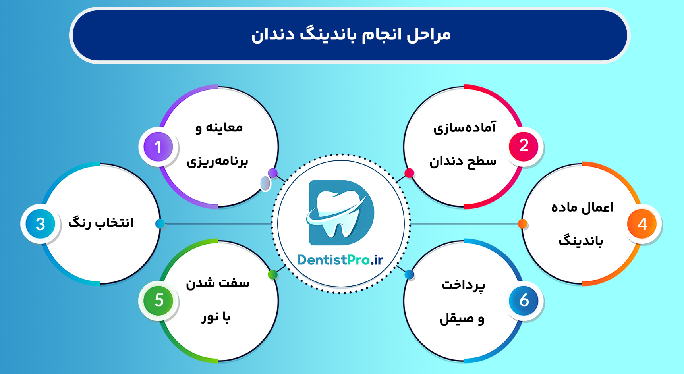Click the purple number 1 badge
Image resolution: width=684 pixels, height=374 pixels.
point(158,147)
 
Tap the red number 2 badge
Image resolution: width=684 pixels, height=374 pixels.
point(524,146)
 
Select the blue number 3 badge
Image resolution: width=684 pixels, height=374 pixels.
point(40,224)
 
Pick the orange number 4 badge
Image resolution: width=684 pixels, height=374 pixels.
point(642,224)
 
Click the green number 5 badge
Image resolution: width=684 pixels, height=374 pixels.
point(158,301)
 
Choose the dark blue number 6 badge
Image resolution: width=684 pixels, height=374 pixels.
point(524,301)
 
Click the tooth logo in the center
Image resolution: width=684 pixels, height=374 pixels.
point(341,212)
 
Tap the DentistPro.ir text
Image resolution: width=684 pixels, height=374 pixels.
point(340,260)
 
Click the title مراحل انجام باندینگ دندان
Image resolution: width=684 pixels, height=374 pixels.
point(351,35)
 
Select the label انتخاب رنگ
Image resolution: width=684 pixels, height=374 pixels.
point(101,223)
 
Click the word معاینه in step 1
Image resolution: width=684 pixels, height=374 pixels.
point(224,128)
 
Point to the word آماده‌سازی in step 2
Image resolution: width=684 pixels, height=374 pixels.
point(465,128)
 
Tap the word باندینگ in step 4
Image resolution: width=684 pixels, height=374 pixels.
point(581,241)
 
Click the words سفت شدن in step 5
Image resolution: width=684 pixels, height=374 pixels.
point(218,283)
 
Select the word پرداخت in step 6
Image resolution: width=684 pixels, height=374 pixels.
point(464,285)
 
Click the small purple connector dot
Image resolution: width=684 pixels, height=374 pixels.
point(272,173)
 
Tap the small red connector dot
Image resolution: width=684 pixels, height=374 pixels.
point(409,173)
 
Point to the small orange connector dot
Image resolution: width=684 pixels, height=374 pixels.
point(523,224)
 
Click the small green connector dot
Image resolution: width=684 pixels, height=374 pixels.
point(272,274)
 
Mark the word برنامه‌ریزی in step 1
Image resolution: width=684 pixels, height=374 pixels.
point(218,162)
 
